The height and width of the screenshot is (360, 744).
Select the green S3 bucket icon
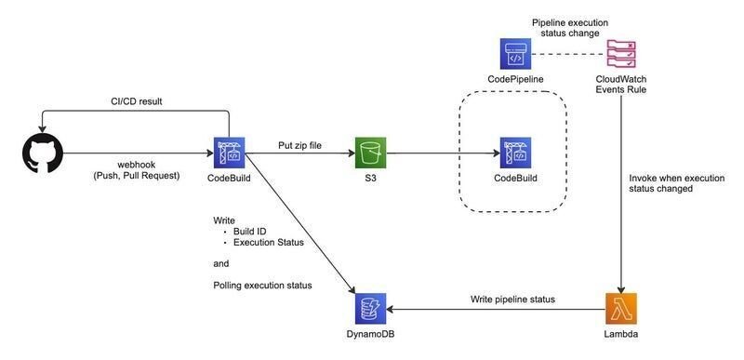[x=369, y=153]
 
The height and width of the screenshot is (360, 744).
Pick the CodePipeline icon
[x=514, y=54]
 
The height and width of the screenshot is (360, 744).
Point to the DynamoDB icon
[x=369, y=309]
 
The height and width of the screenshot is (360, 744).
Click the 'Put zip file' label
[x=299, y=145]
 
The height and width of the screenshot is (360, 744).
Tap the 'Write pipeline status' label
[x=512, y=299]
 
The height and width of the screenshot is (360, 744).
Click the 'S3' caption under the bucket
[x=369, y=179]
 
